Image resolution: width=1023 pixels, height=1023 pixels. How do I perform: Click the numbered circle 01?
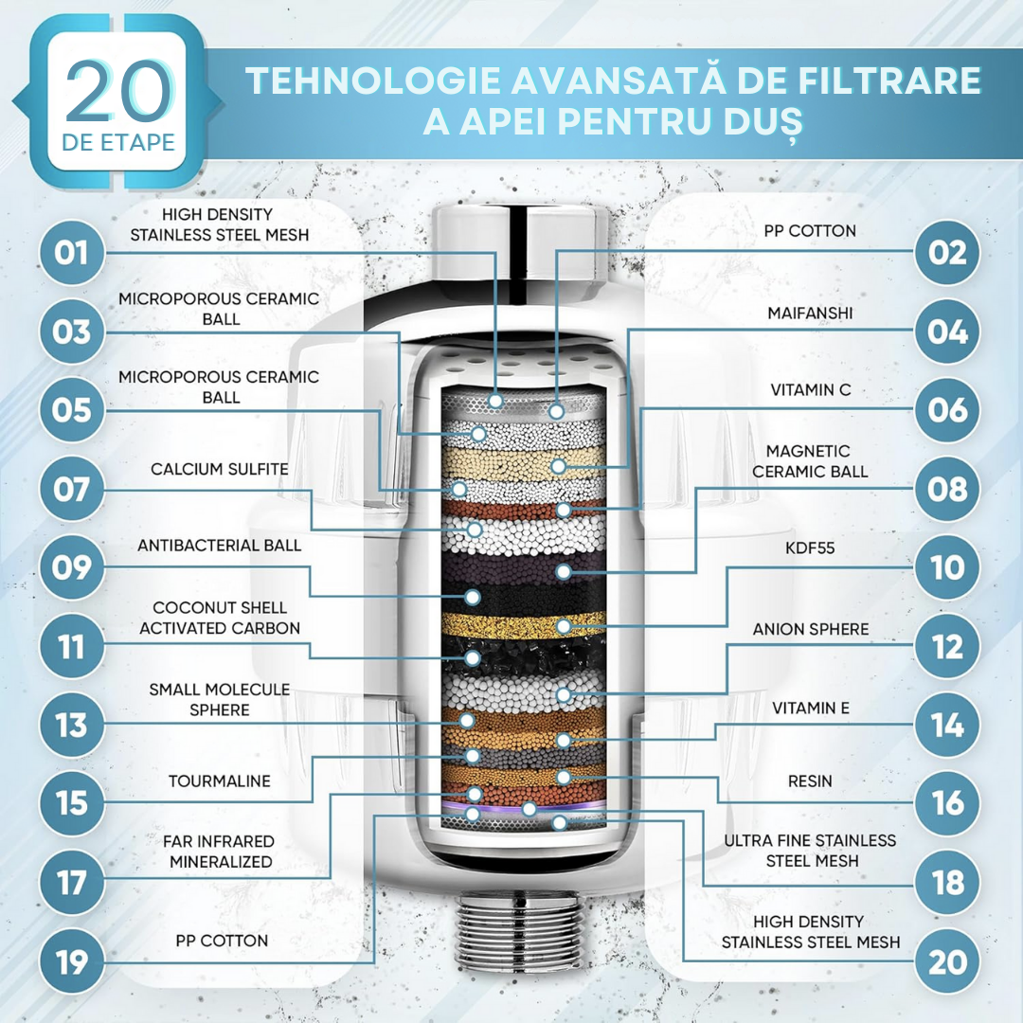pyautogui.click(x=72, y=253)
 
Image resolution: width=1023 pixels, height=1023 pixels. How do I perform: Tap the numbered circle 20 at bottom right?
pyautogui.click(x=947, y=961)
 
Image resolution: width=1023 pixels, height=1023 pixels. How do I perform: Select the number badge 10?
pyautogui.click(x=947, y=567)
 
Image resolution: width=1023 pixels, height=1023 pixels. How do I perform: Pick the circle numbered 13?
pyautogui.click(x=72, y=725)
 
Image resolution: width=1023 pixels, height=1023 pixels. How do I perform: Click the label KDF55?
pyautogui.click(x=810, y=548)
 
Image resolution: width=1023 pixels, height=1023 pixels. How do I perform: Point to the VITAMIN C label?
pyautogui.click(x=811, y=389)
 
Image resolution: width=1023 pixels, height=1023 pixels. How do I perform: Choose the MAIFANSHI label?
pyautogui.click(x=810, y=314)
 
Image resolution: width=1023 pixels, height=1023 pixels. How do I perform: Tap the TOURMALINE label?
pyautogui.click(x=219, y=781)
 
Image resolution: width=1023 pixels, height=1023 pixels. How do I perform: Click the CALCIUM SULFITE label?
pyautogui.click(x=219, y=469)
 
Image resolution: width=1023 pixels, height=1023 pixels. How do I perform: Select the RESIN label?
pyautogui.click(x=810, y=781)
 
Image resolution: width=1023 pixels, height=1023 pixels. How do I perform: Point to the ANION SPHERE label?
pyautogui.click(x=810, y=629)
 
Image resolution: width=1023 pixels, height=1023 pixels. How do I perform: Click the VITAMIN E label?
pyautogui.click(x=810, y=708)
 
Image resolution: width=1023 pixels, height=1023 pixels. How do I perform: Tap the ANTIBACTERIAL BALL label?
pyautogui.click(x=219, y=546)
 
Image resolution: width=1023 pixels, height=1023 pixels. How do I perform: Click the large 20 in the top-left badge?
pyautogui.click(x=119, y=91)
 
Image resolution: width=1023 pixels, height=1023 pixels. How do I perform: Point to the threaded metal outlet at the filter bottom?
pyautogui.click(x=520, y=925)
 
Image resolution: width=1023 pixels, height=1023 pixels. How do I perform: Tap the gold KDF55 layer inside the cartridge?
pyautogui.click(x=523, y=626)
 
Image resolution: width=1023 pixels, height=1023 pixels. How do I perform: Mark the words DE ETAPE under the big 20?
pyautogui.click(x=118, y=142)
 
